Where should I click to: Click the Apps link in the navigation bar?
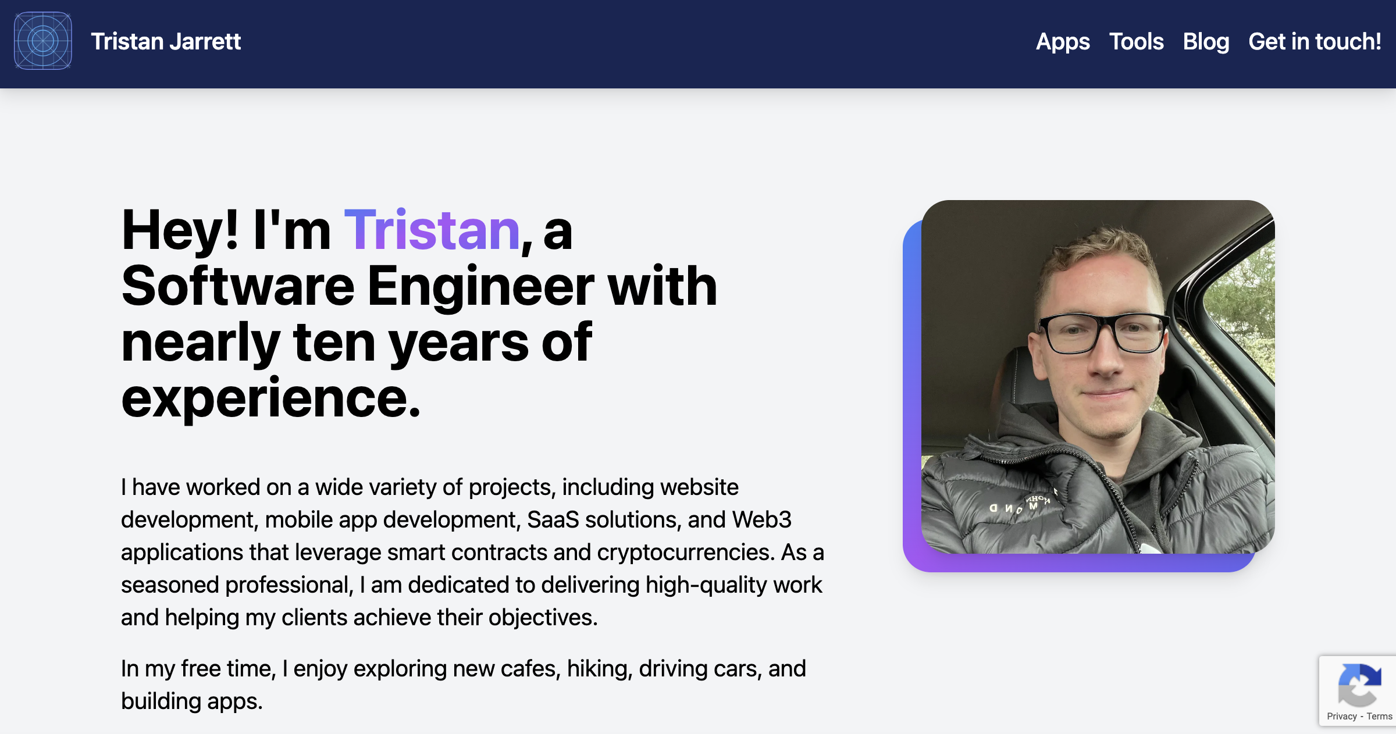click(1063, 42)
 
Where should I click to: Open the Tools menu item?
click(1136, 42)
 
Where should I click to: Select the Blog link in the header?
click(1206, 42)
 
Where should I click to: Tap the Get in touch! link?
click(1315, 42)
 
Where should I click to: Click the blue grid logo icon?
click(43, 41)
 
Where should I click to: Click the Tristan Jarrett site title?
click(166, 42)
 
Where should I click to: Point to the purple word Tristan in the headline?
click(432, 231)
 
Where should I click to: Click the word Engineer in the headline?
click(480, 286)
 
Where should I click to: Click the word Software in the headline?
click(238, 286)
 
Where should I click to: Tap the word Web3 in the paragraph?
click(761, 520)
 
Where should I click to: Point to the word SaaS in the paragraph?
click(553, 520)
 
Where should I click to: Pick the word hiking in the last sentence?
click(599, 669)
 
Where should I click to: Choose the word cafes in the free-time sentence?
click(530, 669)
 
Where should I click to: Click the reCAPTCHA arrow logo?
click(1359, 685)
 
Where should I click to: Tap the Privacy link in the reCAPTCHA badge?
click(1341, 717)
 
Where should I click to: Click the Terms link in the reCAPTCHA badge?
click(1379, 717)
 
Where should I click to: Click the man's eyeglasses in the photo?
click(1104, 333)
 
